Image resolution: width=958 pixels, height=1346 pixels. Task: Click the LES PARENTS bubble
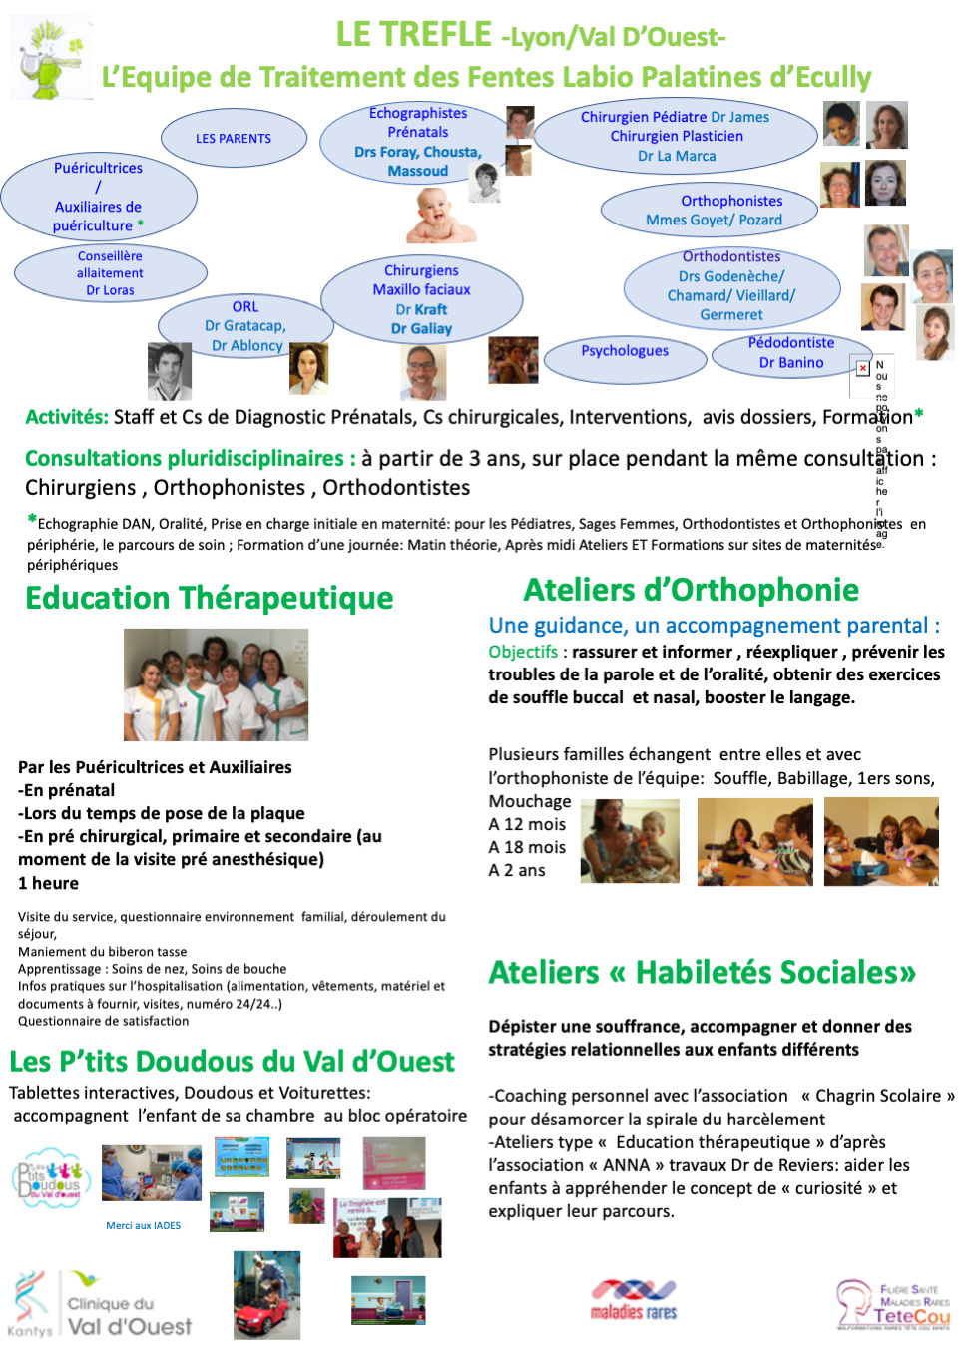234,139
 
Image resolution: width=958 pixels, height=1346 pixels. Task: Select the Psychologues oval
625,352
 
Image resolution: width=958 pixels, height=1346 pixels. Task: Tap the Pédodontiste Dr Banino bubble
791,353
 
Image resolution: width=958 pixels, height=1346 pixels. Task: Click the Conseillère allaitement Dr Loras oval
110,273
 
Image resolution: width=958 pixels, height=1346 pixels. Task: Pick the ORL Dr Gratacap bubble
245,326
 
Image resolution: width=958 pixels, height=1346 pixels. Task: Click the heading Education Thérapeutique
210,598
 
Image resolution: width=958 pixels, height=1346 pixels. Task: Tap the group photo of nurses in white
216,684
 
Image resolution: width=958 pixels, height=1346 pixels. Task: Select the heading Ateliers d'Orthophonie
691,590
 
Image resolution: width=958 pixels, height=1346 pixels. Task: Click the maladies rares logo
634,1300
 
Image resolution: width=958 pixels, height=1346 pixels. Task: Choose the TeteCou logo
893,1306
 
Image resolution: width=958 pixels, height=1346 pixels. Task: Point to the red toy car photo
266,1295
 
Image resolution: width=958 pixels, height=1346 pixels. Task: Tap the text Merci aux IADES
143,1225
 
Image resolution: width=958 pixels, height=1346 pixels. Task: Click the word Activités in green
66,417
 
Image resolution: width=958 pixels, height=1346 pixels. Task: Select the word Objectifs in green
523,652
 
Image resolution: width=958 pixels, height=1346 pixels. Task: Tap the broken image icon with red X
862,368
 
